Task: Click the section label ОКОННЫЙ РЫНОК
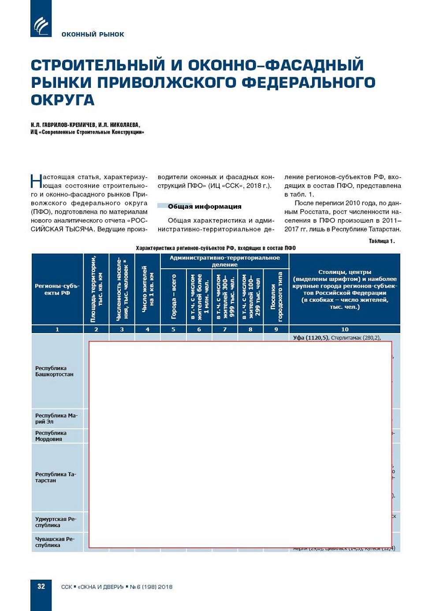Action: (x=93, y=34)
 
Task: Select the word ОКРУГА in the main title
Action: (x=63, y=100)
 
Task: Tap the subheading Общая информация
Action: (x=204, y=206)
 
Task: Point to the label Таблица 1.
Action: (x=381, y=241)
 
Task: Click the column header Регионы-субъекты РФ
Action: (x=57, y=289)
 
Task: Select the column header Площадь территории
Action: (x=96, y=289)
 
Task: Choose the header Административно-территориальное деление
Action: (x=224, y=261)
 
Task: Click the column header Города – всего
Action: (x=173, y=296)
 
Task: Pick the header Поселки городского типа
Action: (x=276, y=296)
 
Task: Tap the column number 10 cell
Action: (x=344, y=329)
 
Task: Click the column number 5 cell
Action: (x=173, y=329)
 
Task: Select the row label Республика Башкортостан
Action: (x=54, y=371)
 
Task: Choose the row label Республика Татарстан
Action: (x=56, y=477)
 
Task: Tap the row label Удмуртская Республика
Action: (x=56, y=522)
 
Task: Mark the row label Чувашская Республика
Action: (x=55, y=542)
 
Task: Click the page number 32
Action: (x=41, y=586)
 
